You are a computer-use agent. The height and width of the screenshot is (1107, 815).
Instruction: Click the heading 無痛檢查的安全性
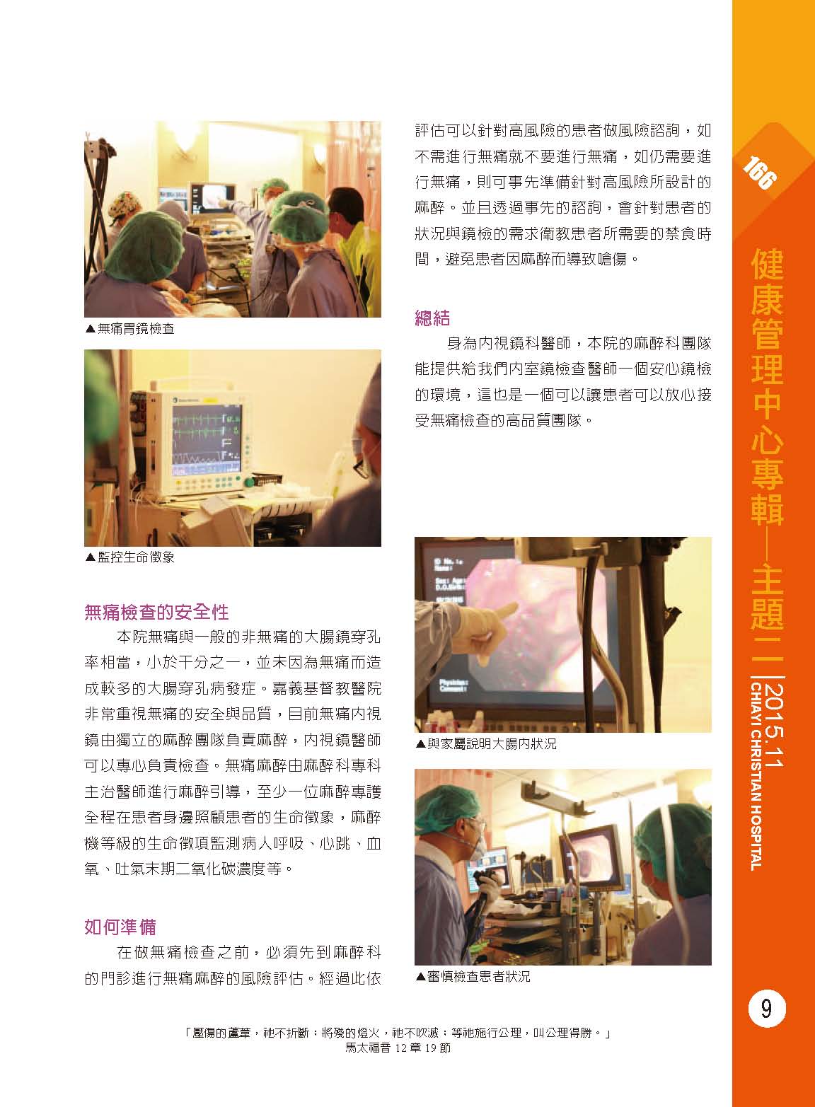[156, 613]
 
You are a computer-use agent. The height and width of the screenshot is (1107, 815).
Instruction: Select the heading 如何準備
[120, 927]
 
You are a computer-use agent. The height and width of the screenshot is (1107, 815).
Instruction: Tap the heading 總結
[432, 318]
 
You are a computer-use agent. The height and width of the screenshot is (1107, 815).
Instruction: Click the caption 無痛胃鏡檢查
[130, 329]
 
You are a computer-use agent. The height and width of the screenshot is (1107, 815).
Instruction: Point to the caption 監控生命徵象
[130, 557]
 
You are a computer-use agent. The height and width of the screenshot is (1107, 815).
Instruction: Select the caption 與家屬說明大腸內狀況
[486, 743]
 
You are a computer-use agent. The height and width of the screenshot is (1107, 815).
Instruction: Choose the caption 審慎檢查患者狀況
[473, 977]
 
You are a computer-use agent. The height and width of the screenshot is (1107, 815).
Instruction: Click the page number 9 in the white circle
[767, 1009]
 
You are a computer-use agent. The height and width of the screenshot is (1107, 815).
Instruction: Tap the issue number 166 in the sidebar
[759, 173]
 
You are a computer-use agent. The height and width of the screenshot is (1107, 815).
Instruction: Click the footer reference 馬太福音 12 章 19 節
[398, 1048]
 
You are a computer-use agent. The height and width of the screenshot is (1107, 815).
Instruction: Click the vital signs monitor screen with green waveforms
[207, 437]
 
